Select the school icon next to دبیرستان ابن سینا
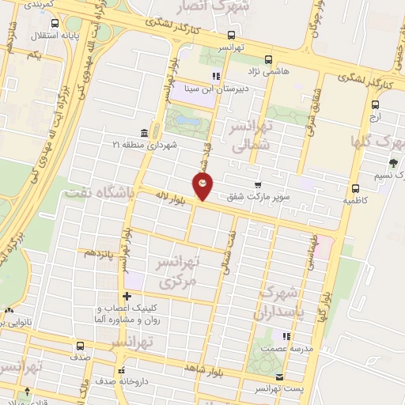coord(215,77)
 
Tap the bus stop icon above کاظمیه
coord(356,188)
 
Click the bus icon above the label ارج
coord(375,104)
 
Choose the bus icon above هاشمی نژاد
coord(268,59)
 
